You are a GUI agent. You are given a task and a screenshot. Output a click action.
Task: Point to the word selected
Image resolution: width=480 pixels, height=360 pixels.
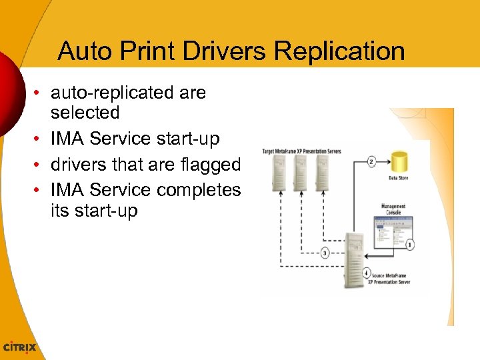85,112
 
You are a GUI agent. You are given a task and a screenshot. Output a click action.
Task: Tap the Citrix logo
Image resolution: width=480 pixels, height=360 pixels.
20,347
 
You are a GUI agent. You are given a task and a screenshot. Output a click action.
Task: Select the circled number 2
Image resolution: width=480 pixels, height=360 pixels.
372,161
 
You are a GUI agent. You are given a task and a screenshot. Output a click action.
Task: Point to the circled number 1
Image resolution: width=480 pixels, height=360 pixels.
409,245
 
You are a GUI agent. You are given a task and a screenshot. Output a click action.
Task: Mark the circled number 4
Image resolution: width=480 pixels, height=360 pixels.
367,273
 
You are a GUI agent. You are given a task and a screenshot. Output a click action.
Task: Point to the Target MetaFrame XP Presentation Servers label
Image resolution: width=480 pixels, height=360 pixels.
301,151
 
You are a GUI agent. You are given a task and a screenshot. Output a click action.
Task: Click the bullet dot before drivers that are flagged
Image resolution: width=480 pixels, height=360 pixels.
41,164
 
